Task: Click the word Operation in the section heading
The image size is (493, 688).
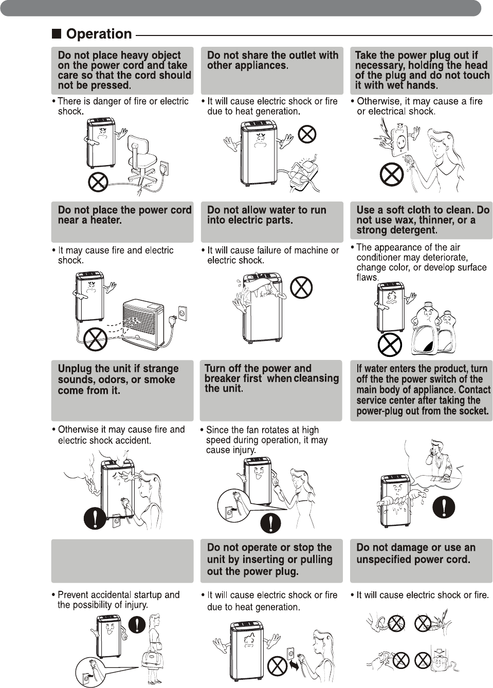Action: (99, 34)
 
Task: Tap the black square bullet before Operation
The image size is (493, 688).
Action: (57, 34)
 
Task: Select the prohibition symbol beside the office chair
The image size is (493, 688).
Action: (98, 181)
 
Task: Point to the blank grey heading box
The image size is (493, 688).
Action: (122, 560)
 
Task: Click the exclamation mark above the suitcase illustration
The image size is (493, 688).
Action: (137, 625)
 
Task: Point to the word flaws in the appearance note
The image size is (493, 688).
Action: (367, 277)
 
